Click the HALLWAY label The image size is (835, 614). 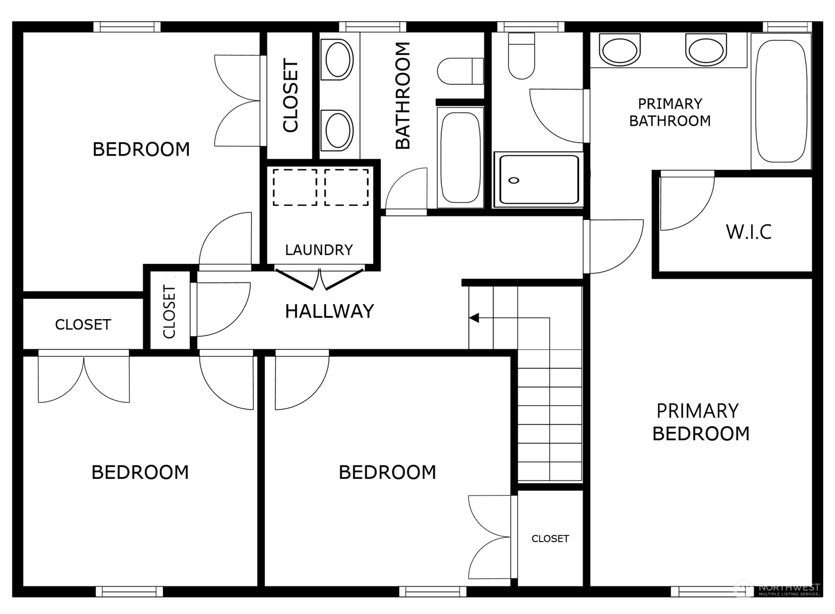329,311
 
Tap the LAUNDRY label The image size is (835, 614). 319,250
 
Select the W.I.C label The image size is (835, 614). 749,232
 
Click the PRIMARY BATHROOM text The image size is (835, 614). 670,112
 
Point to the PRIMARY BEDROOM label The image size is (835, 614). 701,422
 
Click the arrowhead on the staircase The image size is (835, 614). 474,318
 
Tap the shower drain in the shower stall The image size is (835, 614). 514,181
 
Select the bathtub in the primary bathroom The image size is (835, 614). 781,101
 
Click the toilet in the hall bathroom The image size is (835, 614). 460,71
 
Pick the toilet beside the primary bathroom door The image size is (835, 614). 522,56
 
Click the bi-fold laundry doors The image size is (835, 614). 320,279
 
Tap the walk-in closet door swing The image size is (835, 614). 687,203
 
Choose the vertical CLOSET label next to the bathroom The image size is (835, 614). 291,95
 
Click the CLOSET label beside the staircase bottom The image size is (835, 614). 550,538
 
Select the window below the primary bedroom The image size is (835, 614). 704,592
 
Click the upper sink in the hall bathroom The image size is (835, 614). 337,60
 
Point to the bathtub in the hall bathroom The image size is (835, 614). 460,157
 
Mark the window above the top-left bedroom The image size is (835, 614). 127,27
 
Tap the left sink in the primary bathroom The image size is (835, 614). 619,49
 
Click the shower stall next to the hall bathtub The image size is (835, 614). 538,179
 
